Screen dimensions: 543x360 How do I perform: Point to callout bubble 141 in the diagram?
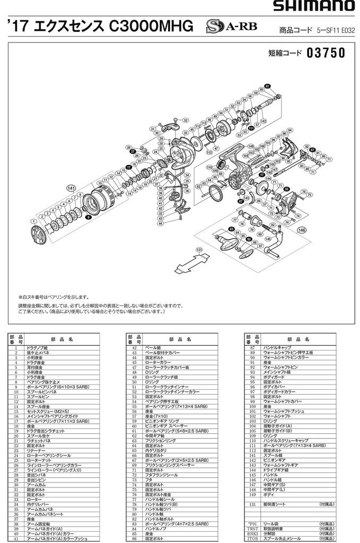71,188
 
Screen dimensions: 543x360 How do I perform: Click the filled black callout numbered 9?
89,217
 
